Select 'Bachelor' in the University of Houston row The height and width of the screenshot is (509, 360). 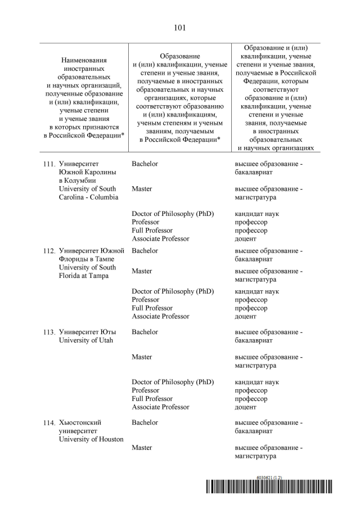click(145, 422)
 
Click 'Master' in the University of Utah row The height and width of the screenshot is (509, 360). click(142, 357)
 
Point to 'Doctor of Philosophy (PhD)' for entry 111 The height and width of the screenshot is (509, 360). click(173, 214)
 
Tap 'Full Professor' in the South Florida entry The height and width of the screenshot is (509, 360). click(152, 308)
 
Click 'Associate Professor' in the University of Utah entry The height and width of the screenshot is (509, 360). click(160, 407)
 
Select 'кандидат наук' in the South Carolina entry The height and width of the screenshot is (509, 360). click(256, 214)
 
